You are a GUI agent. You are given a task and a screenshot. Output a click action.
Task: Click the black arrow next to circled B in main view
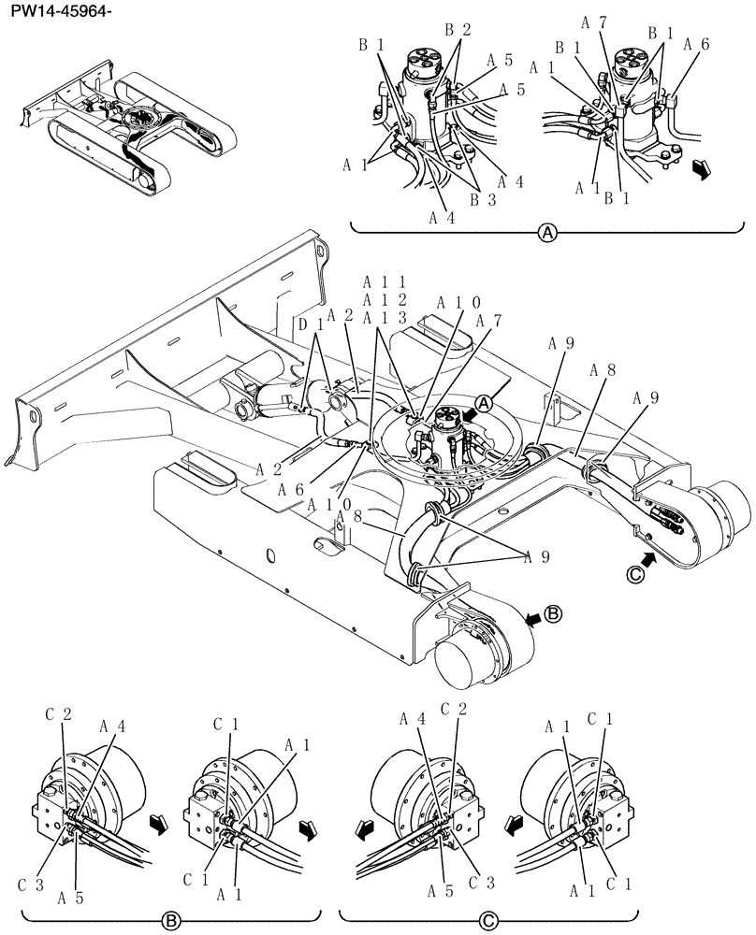pyautogui.click(x=531, y=616)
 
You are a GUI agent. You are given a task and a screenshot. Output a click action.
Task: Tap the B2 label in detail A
pyautogui.click(x=458, y=29)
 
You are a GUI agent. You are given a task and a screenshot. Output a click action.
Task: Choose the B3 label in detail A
pyautogui.click(x=482, y=197)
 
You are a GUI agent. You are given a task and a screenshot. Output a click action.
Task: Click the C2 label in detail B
pyautogui.click(x=58, y=716)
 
